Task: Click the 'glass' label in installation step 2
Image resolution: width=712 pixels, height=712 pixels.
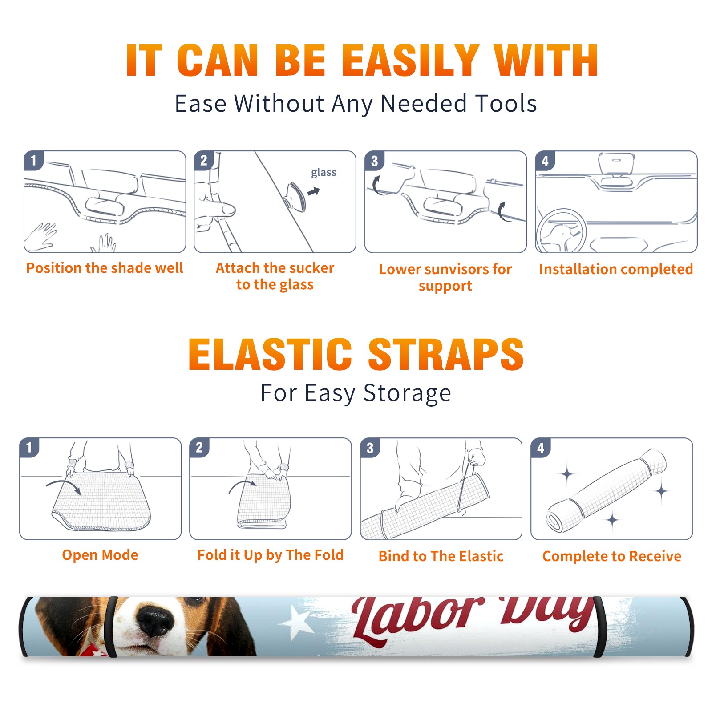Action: coord(324,172)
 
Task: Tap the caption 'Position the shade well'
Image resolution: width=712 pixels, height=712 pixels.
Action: coord(105,268)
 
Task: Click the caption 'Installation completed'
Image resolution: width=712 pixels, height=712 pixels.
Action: coord(616,269)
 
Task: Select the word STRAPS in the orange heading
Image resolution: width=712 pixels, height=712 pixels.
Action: coord(446,354)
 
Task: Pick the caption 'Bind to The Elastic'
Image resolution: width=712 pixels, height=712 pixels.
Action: coord(441,556)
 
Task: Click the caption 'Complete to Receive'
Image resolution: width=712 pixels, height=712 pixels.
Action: coord(611,556)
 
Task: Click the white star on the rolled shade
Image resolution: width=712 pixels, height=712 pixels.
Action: coord(294,622)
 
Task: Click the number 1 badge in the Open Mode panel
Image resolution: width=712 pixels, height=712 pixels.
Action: coord(29,447)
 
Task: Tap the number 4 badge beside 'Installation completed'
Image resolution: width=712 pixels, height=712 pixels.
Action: coord(545,161)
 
